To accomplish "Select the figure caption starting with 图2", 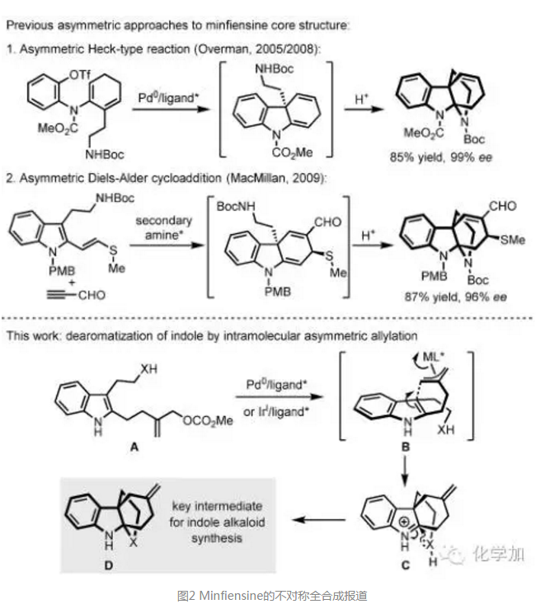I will point(271,592).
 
